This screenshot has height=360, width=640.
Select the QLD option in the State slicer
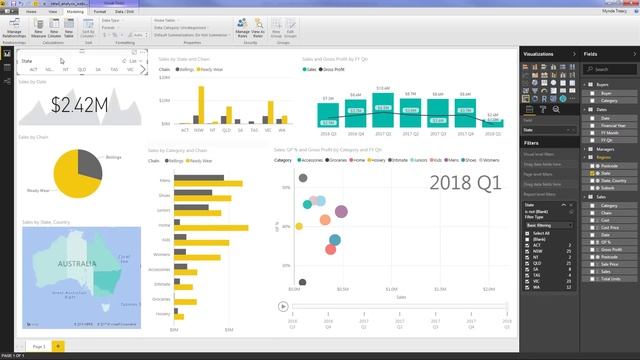pyautogui.click(x=81, y=70)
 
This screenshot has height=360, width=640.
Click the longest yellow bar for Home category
pyautogui.click(x=214, y=226)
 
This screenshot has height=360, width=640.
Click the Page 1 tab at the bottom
pyautogui.click(x=38, y=344)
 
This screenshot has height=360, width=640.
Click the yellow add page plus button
pyautogui.click(x=58, y=344)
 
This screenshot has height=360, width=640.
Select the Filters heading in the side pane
pyautogui.click(x=532, y=143)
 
